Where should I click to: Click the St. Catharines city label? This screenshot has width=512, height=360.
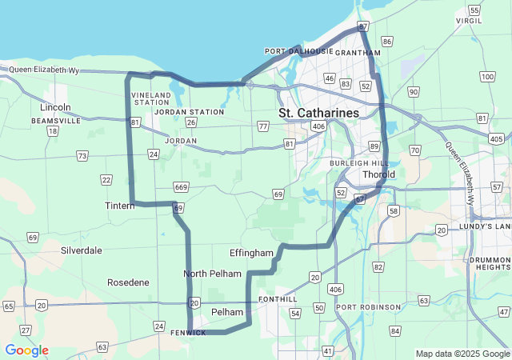click(x=318, y=113)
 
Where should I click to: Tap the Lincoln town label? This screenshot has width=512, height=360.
click(x=56, y=107)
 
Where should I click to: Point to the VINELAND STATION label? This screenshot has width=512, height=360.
click(x=151, y=98)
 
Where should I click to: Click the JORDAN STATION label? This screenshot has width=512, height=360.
click(x=189, y=112)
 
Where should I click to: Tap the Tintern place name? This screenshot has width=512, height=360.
click(x=120, y=206)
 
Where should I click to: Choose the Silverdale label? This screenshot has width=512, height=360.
click(x=81, y=250)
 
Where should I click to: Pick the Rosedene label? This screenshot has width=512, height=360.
click(x=128, y=282)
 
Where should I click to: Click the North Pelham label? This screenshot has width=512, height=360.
click(x=212, y=274)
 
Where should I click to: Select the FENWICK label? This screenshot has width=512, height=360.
click(x=188, y=332)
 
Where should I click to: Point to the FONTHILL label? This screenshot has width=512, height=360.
click(x=278, y=299)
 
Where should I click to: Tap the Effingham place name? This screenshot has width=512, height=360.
click(x=251, y=253)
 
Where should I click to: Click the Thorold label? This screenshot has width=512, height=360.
click(x=378, y=174)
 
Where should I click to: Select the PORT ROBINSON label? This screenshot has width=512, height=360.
click(x=368, y=307)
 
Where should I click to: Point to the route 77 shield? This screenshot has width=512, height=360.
click(x=263, y=126)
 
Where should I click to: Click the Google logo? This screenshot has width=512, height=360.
click(x=26, y=350)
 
